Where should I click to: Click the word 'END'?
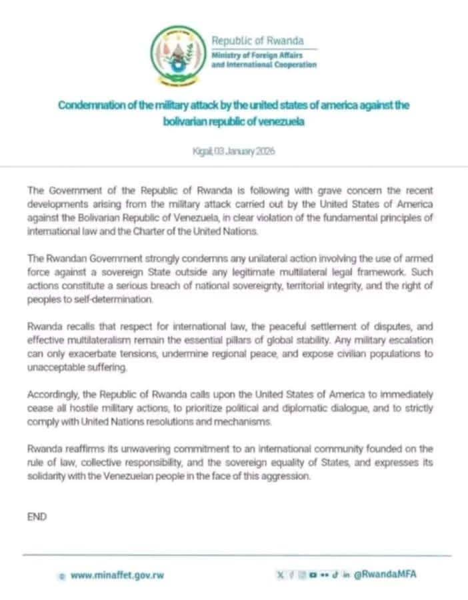(37, 516)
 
